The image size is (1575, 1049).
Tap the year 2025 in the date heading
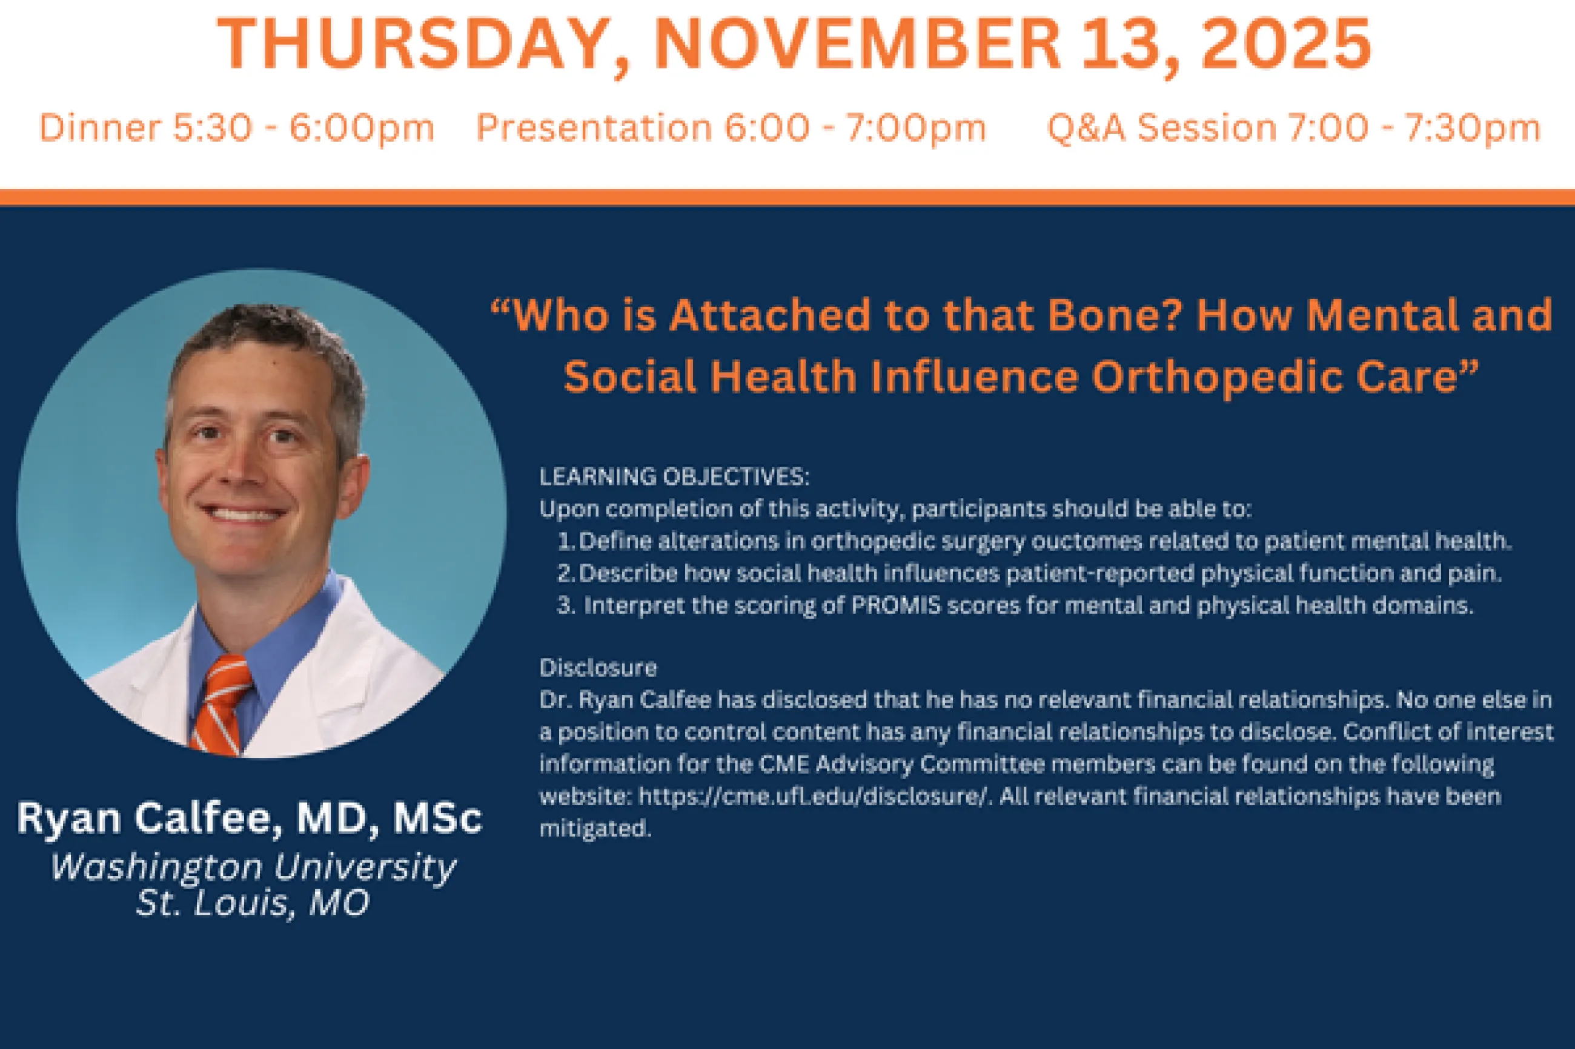click(1285, 44)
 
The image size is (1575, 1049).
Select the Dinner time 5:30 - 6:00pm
click(303, 128)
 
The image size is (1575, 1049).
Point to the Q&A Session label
click(1162, 128)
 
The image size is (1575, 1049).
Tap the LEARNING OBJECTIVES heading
click(674, 477)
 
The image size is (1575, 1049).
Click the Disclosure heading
click(598, 668)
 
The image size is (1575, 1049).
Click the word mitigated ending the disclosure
click(595, 829)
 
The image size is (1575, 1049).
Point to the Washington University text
click(253, 867)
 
